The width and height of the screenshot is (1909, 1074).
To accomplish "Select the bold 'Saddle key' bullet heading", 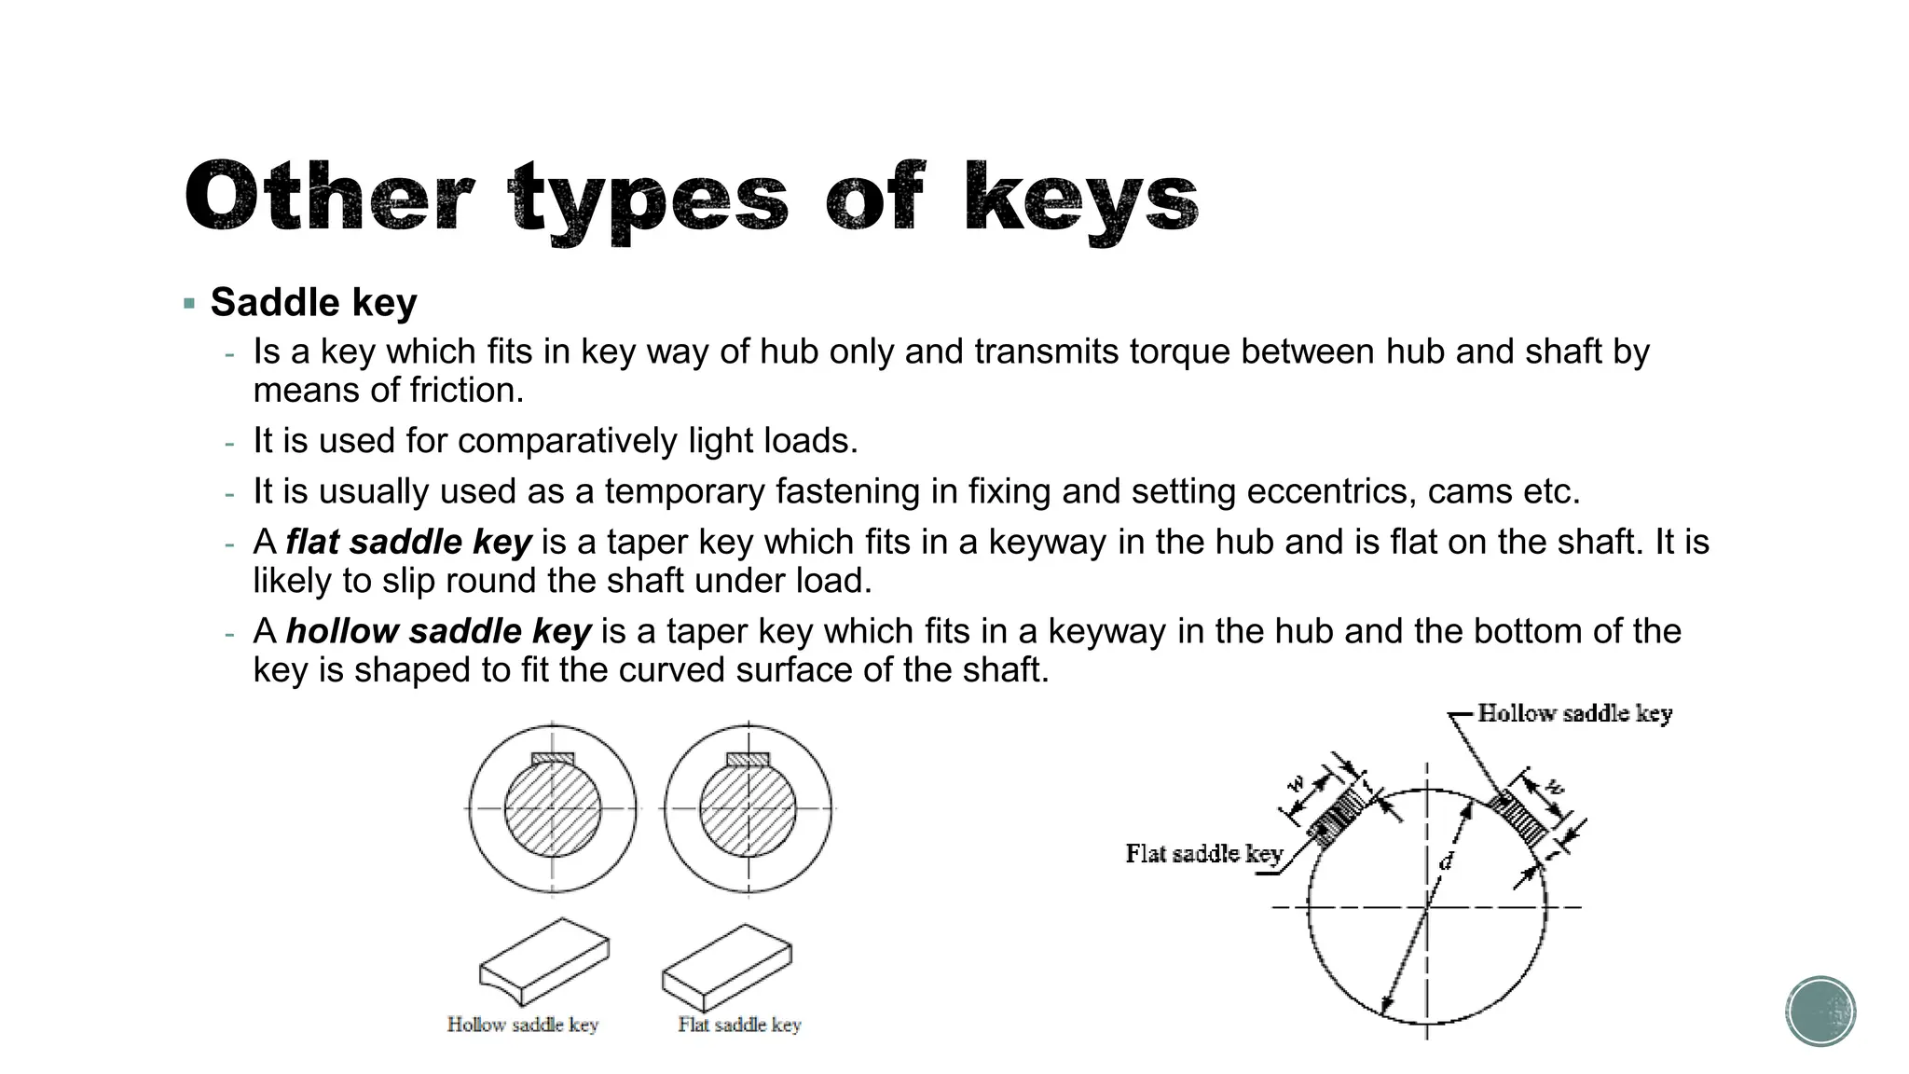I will click(x=313, y=302).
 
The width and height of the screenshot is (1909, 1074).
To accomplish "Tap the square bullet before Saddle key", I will click(x=190, y=304).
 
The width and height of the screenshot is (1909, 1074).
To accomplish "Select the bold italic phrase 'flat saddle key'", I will click(x=408, y=542).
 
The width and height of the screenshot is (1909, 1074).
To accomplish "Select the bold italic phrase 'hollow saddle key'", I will click(x=438, y=631).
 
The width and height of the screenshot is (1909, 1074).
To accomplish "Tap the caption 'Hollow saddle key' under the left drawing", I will click(x=522, y=1025).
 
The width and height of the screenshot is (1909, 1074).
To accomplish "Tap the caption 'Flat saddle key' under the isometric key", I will click(x=739, y=1025).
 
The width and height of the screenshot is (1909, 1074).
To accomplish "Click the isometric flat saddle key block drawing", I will click(x=727, y=964).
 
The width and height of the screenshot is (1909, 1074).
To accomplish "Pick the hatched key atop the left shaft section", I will click(x=553, y=759).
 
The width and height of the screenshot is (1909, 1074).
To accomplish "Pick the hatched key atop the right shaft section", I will click(x=748, y=759).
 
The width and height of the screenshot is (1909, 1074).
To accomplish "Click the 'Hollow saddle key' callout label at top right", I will click(x=1574, y=714).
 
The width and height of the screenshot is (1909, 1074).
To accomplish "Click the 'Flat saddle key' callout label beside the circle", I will click(x=1203, y=854).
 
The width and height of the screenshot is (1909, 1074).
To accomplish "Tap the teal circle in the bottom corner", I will click(x=1820, y=1012).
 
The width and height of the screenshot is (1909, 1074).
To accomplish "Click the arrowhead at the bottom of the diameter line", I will click(x=1386, y=1008).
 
